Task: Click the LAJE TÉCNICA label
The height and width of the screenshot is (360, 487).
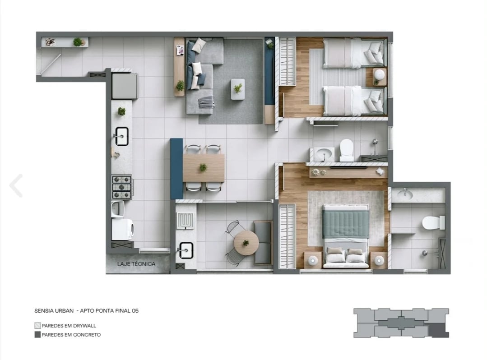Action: [136, 264]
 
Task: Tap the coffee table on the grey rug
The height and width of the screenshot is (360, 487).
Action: [238, 89]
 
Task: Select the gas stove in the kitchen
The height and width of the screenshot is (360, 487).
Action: [122, 187]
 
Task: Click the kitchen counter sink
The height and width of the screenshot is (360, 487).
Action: [121, 136]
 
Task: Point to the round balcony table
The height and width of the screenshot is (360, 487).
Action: [246, 243]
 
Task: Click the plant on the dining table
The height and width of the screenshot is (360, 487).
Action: [204, 167]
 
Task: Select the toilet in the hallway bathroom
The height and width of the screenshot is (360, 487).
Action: [346, 150]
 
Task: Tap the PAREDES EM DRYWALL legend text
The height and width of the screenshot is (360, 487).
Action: [69, 325]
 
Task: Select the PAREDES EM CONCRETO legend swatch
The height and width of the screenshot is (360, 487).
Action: [37, 335]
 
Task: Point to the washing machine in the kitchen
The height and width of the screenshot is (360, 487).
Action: [122, 229]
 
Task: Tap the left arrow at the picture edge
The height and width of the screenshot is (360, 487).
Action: [16, 185]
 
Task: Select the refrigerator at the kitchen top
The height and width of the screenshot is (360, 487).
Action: [124, 86]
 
